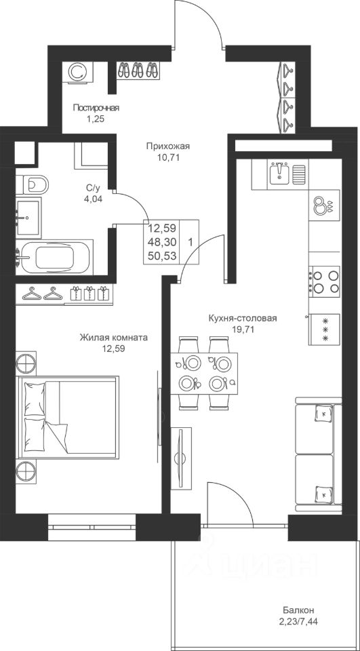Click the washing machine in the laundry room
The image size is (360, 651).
tap(78, 72)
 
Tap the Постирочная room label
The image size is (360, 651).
tap(96, 108)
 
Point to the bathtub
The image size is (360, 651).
tap(54, 257)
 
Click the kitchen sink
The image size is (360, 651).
tap(280, 174)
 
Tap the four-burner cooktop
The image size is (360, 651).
tap(324, 282)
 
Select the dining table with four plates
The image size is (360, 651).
tap(204, 373)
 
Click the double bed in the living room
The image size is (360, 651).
tap(67, 417)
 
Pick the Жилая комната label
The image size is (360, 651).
tap(114, 338)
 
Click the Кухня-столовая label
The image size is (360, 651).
tap(243, 319)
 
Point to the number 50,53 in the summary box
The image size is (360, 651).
tap(162, 256)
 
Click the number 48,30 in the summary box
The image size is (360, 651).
tap(162, 241)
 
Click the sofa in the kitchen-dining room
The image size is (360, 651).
tap(319, 454)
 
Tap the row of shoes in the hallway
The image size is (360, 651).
tap(138, 70)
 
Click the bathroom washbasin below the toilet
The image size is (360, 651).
tap(28, 216)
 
